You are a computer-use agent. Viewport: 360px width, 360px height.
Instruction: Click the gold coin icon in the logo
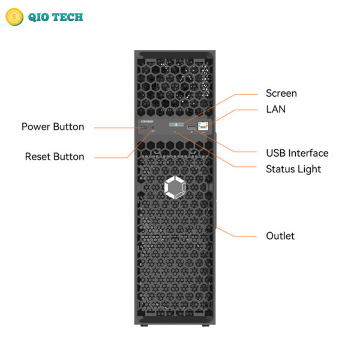pyautogui.click(x=14, y=17)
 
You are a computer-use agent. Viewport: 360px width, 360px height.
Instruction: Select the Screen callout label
pyautogui.click(x=281, y=94)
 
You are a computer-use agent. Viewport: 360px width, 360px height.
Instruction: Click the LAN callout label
pyautogui.click(x=276, y=109)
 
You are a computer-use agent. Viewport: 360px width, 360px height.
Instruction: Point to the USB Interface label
pyautogui.click(x=297, y=153)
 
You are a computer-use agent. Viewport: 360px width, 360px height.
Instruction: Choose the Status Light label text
pyautogui.click(x=293, y=169)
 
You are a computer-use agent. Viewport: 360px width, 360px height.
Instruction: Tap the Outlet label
pyautogui.click(x=280, y=236)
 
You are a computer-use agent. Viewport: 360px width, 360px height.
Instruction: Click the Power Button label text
pyautogui.click(x=53, y=127)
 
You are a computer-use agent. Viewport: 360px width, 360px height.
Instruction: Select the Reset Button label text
pyautogui.click(x=55, y=157)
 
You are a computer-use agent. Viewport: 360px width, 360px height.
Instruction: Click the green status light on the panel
pyautogui.click(x=175, y=132)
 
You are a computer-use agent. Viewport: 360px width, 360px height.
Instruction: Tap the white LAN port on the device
pyautogui.click(x=203, y=126)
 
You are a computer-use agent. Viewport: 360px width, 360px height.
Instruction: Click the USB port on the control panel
pyautogui.click(x=191, y=127)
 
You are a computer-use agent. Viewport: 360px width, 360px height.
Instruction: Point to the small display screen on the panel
pyautogui.click(x=176, y=124)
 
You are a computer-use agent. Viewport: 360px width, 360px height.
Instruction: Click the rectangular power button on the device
pyautogui.click(x=143, y=127)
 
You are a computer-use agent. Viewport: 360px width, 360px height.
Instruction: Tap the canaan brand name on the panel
pyautogui.click(x=147, y=121)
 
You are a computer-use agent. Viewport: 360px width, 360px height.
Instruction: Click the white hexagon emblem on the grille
pyautogui.click(x=175, y=188)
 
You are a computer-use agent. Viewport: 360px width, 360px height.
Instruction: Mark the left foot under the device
pyautogui.click(x=144, y=325)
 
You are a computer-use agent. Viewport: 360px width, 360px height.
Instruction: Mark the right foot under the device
pyautogui.click(x=205, y=325)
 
